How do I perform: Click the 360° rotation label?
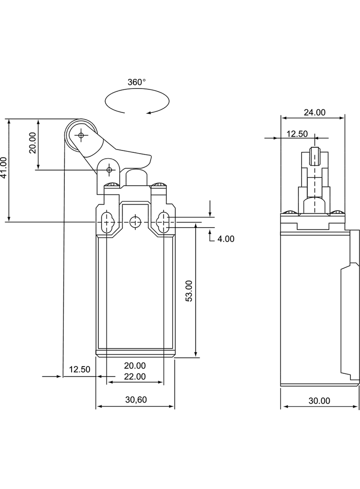(x=136, y=82)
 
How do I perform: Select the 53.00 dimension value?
(x=189, y=291)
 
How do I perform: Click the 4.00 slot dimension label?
(x=225, y=239)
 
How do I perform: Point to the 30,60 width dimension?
(x=136, y=400)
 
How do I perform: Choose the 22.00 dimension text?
(x=135, y=377)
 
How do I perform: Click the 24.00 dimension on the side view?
(x=314, y=112)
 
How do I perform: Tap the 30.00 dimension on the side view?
(x=319, y=400)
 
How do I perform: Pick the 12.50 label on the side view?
(x=297, y=133)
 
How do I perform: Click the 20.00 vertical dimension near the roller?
(x=32, y=143)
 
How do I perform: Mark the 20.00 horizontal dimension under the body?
(x=135, y=366)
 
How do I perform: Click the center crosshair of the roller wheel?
(x=81, y=135)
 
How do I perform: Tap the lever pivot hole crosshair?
(x=109, y=170)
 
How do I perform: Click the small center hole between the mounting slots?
(x=135, y=222)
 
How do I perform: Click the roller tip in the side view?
(x=315, y=156)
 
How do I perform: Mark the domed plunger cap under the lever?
(x=135, y=176)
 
